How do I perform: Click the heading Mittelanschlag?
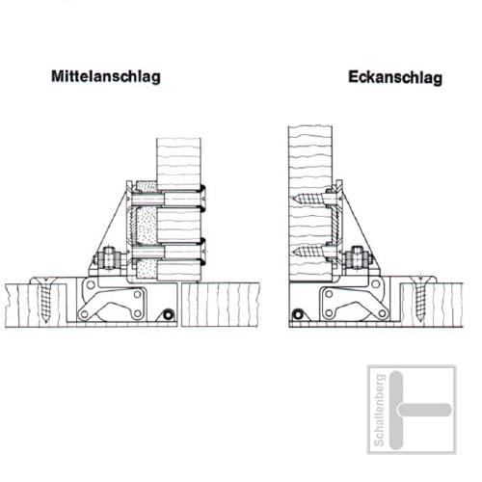[x=106, y=76]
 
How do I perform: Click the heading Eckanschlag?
[x=395, y=77]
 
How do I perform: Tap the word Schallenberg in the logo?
[x=379, y=410]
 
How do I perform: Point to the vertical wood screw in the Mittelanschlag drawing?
[x=46, y=299]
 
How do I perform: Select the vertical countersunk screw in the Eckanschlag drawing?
[x=420, y=297]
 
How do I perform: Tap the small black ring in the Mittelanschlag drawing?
[x=168, y=314]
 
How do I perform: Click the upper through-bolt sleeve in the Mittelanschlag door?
[x=167, y=200]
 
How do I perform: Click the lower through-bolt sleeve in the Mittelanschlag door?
[x=167, y=253]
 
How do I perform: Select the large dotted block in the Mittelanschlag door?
[x=147, y=226]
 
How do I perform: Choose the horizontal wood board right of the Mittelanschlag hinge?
[x=221, y=305]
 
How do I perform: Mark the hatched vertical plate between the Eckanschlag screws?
[x=336, y=225]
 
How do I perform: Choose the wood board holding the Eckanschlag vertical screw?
[x=431, y=305]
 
